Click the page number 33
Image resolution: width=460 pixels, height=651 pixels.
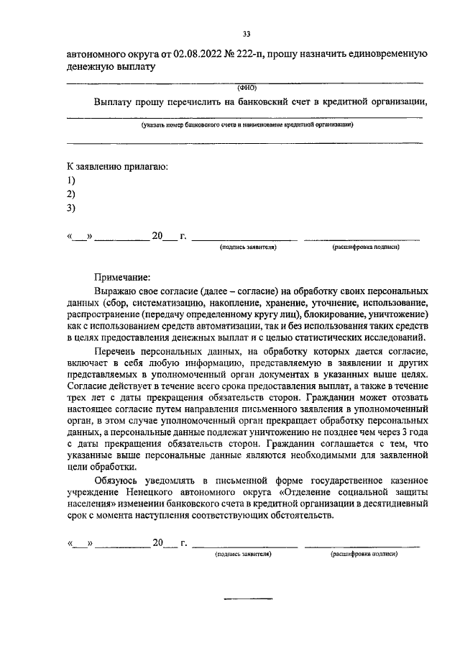pos(247,34)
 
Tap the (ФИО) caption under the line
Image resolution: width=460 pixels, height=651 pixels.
pos(247,88)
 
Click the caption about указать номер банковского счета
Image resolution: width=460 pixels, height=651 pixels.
pos(247,124)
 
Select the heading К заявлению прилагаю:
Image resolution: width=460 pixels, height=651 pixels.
pos(117,167)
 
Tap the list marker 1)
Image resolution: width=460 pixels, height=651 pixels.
pos(70,180)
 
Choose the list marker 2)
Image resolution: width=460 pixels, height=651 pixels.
pos(70,194)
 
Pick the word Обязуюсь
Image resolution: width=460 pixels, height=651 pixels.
pos(118,479)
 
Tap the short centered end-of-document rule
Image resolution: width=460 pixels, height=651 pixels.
pos(249,598)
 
